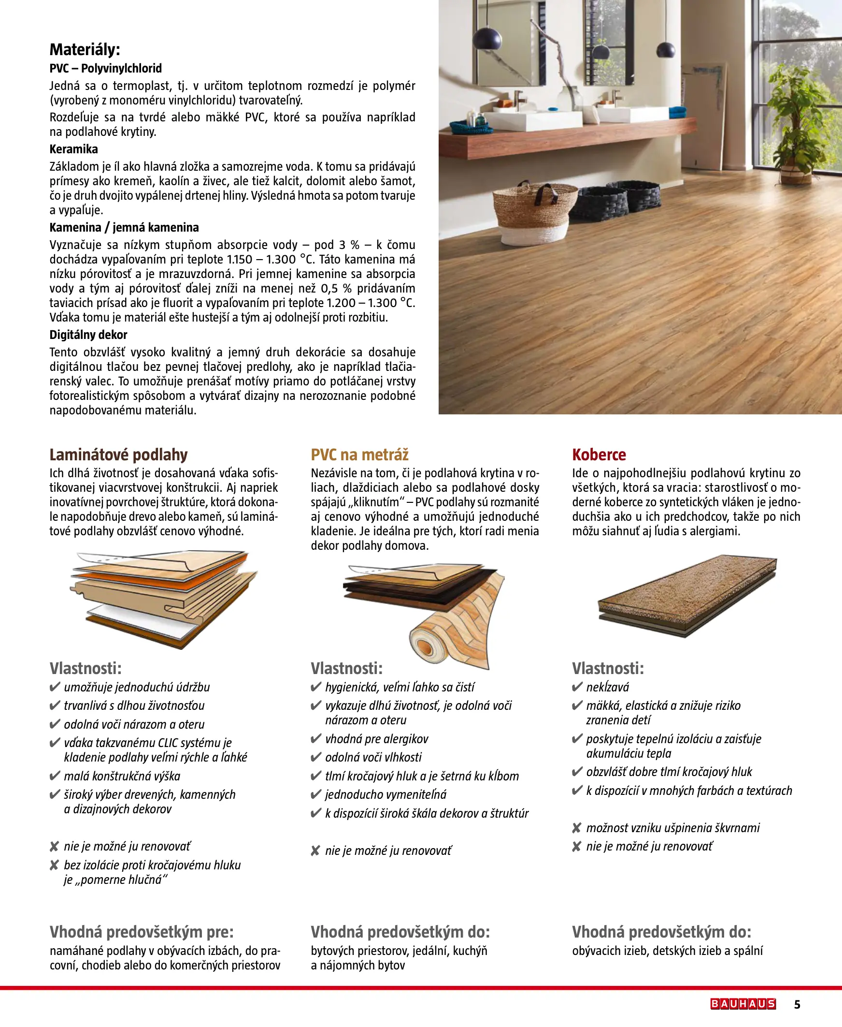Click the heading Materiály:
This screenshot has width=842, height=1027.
pos(85,49)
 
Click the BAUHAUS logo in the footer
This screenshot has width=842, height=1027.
pos(742,1004)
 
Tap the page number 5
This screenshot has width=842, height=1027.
pos(797,1004)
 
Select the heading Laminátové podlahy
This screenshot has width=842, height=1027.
pos(118,455)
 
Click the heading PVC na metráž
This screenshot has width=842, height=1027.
pos(359,455)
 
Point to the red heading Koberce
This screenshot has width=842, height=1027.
pos(599,455)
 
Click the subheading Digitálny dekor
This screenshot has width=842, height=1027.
pos(88,335)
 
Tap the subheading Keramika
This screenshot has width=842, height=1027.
pos(74,149)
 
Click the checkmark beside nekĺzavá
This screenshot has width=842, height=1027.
pos(577,687)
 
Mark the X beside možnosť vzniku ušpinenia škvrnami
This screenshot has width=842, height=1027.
pos(576,828)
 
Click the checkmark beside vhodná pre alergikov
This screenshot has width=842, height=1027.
pos(316,739)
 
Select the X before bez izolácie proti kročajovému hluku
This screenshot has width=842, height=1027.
pos(54,866)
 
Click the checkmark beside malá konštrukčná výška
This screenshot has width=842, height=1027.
pos(54,776)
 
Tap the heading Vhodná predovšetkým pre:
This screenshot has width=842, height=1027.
pos(142,932)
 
